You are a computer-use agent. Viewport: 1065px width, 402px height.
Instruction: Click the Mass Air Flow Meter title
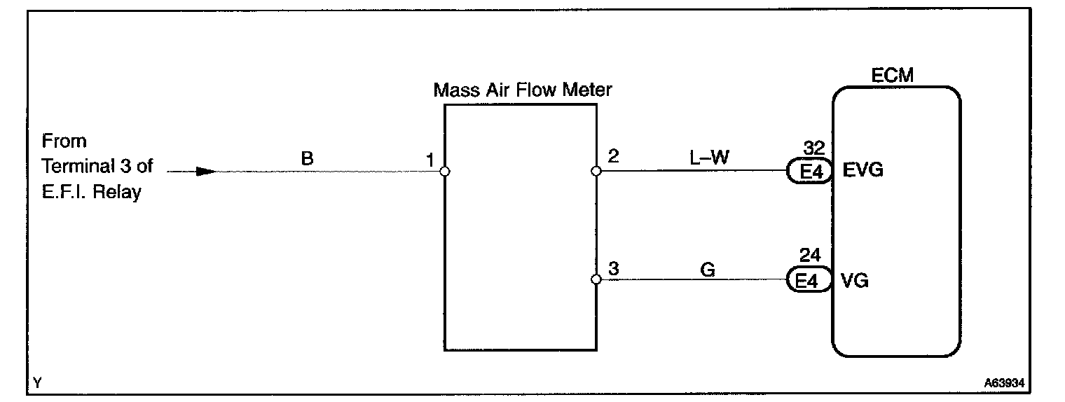click(x=523, y=90)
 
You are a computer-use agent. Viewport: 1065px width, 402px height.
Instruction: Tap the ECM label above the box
click(x=892, y=76)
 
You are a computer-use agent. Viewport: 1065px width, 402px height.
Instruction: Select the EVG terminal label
click(x=861, y=170)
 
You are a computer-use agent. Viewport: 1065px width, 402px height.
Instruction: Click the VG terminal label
click(x=854, y=280)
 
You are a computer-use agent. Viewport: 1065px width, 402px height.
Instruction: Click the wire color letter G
click(x=708, y=269)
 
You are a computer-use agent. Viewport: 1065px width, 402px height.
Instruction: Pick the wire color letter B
click(x=307, y=159)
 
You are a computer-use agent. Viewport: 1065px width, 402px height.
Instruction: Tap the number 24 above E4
click(x=810, y=256)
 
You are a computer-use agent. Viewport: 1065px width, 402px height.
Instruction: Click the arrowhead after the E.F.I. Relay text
click(x=205, y=171)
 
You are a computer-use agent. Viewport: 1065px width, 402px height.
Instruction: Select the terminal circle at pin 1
click(x=444, y=171)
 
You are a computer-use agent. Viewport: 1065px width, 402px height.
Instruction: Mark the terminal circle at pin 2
click(x=596, y=171)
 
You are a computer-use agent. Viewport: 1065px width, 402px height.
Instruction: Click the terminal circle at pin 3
click(x=596, y=280)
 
